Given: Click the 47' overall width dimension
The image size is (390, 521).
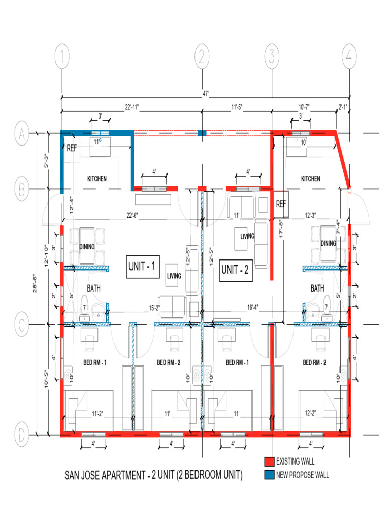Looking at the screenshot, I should click(206, 94).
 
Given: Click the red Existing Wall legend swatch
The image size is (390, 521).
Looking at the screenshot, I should click(269, 462).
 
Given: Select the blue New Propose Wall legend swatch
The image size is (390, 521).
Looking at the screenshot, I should click(269, 475).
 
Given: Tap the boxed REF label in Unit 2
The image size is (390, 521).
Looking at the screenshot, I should click(281, 204).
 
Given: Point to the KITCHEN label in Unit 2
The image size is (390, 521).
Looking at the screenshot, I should click(311, 179).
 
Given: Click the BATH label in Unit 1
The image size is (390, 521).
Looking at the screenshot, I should click(93, 288).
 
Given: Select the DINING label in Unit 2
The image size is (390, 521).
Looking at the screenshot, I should click(329, 243).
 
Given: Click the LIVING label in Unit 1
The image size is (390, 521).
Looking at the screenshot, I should click(174, 276).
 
